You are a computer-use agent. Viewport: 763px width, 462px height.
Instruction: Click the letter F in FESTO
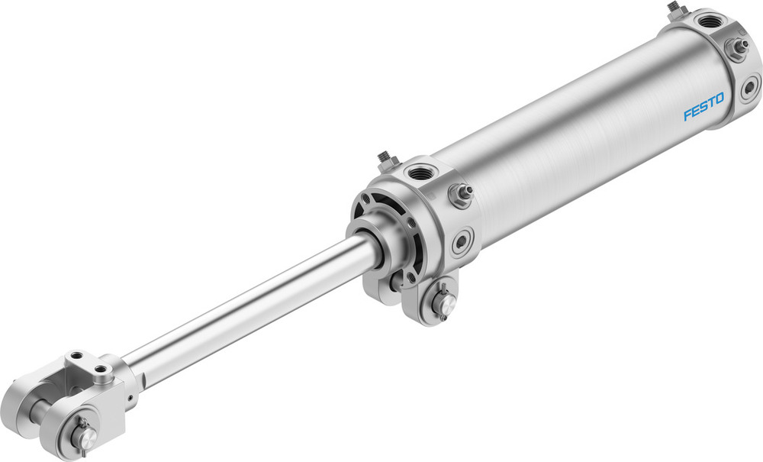tap(687, 115)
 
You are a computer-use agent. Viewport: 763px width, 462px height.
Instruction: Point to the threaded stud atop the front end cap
tap(385, 160)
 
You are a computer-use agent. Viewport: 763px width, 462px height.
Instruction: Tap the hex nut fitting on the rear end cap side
tap(736, 47)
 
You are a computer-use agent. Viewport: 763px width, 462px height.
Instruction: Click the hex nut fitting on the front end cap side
tap(462, 195)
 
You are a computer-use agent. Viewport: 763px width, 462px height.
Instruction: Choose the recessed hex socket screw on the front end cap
tap(462, 244)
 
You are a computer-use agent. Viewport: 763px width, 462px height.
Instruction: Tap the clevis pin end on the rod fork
tap(85, 436)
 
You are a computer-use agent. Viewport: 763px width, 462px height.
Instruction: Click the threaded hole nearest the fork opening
tap(74, 356)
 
